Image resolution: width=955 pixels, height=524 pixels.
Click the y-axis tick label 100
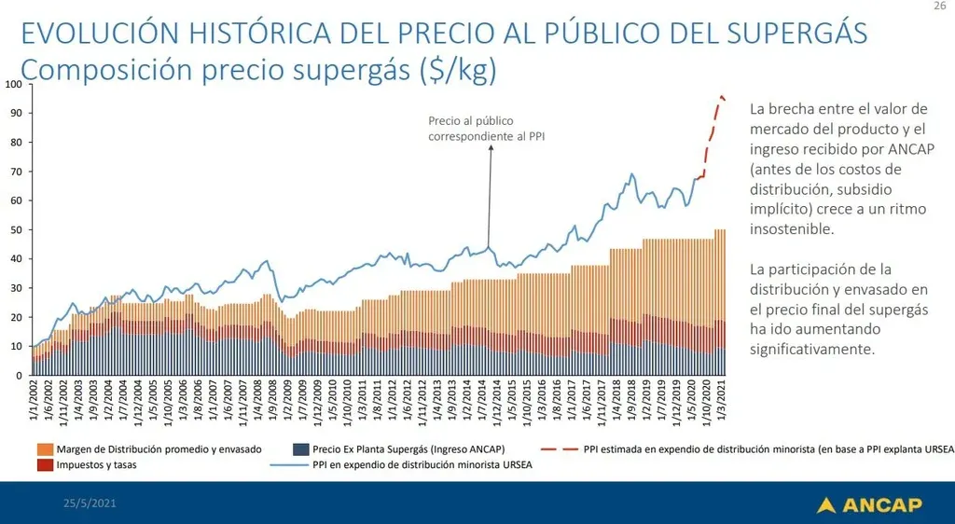click(x=13, y=84)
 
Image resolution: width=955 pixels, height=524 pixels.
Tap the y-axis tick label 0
click(x=19, y=375)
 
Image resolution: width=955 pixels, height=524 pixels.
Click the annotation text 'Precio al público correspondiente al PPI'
click(x=486, y=128)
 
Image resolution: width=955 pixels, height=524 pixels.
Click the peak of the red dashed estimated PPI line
click(x=721, y=96)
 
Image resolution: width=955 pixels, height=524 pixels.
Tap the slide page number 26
click(x=939, y=7)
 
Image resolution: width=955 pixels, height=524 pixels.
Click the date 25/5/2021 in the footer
click(x=90, y=503)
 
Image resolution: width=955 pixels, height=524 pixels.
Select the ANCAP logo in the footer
click(x=869, y=504)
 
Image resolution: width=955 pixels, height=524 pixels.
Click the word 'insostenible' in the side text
click(x=792, y=229)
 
